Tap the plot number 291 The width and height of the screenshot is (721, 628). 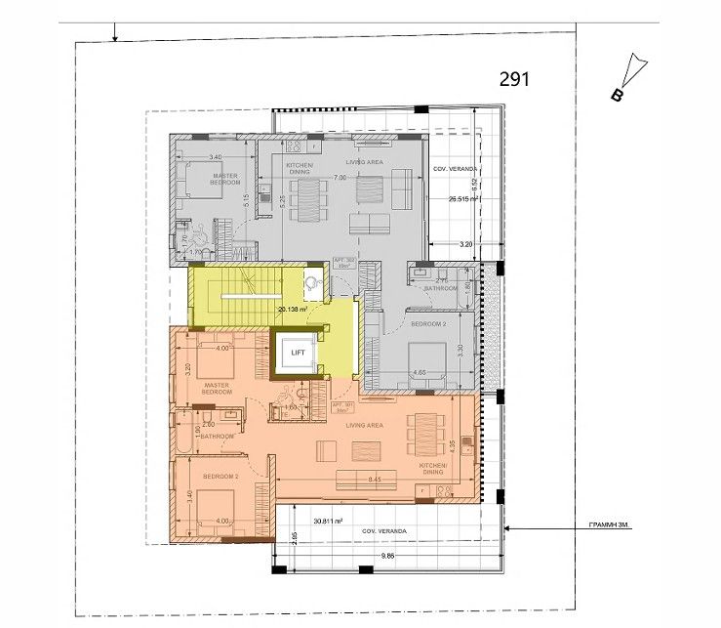514,79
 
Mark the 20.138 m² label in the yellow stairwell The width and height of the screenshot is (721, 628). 293,310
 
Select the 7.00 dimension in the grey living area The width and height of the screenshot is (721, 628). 340,179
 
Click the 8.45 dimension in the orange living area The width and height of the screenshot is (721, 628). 375,480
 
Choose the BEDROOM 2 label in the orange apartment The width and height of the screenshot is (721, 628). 220,476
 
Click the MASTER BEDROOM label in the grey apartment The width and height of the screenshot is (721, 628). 225,179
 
